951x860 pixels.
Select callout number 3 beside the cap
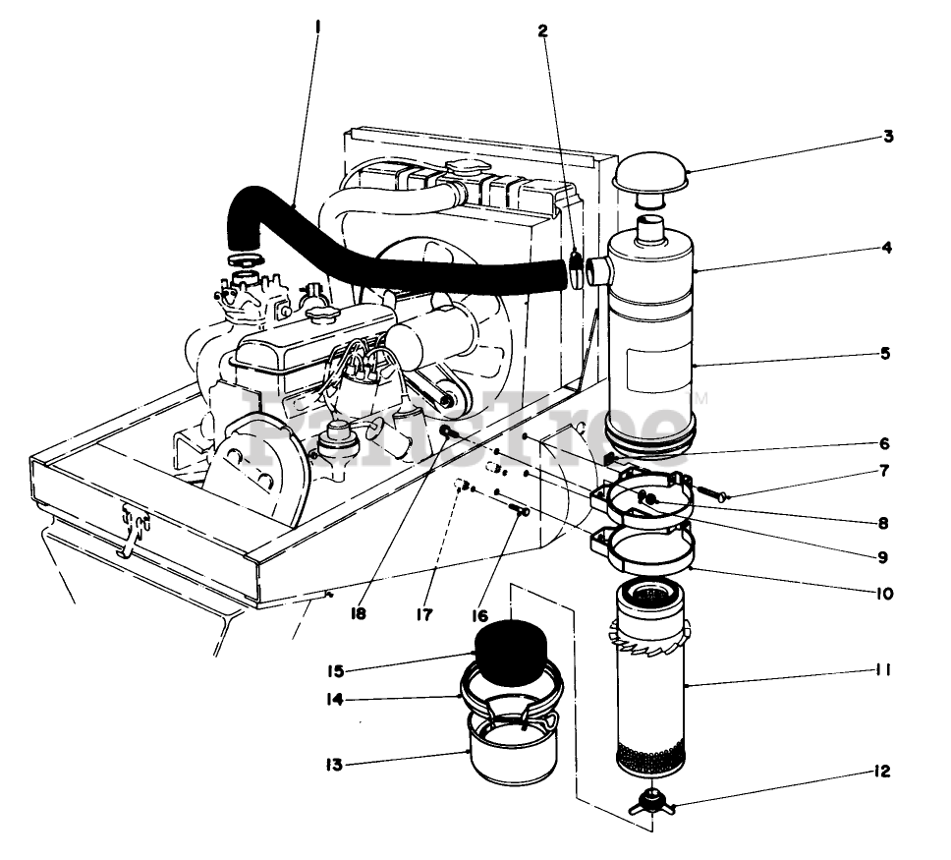[887, 137]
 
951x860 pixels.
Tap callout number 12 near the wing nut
[881, 772]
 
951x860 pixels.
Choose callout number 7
[885, 471]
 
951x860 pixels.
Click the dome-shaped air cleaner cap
[650, 177]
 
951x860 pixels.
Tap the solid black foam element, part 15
[511, 649]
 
